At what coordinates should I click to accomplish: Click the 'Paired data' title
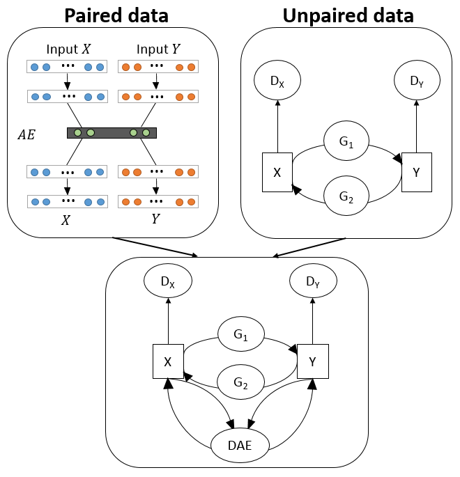[x=116, y=15]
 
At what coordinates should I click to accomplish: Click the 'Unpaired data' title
[x=348, y=15]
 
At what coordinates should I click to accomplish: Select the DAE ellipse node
[x=240, y=446]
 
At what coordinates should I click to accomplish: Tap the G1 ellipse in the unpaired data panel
[x=346, y=141]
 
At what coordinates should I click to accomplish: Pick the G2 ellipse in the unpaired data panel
[x=346, y=196]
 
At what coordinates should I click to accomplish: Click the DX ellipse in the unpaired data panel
[x=277, y=80]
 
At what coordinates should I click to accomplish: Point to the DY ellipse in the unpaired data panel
[x=417, y=80]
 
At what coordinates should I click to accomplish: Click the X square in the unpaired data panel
[x=277, y=172]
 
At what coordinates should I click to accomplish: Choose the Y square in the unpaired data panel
[x=417, y=172]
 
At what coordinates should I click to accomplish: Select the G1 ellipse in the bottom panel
[x=241, y=334]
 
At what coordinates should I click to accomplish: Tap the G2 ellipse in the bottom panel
[x=241, y=382]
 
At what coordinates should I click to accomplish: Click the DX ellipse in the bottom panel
[x=168, y=281]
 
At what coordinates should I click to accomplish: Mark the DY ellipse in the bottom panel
[x=313, y=281]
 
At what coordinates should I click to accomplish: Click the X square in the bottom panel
[x=168, y=361]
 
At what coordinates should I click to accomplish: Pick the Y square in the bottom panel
[x=313, y=361]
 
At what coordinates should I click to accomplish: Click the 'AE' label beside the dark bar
[x=26, y=135]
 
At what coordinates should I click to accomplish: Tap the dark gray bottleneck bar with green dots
[x=112, y=133]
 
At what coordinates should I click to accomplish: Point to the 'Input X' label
[x=68, y=49]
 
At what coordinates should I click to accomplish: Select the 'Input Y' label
[x=158, y=49]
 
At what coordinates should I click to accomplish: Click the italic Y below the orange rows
[x=156, y=219]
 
